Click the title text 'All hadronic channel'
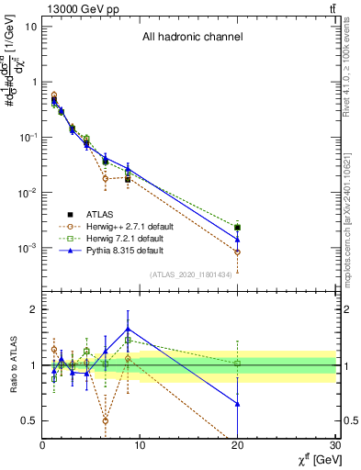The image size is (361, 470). point(191,38)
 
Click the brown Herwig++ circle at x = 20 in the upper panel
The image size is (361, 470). point(238,252)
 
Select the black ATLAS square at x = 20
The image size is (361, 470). point(238,227)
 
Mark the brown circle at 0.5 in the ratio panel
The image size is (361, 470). point(106,420)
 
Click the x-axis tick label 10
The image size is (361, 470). point(140,446)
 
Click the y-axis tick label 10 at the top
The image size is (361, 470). point(31,26)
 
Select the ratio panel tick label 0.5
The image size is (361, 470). point(29,420)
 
